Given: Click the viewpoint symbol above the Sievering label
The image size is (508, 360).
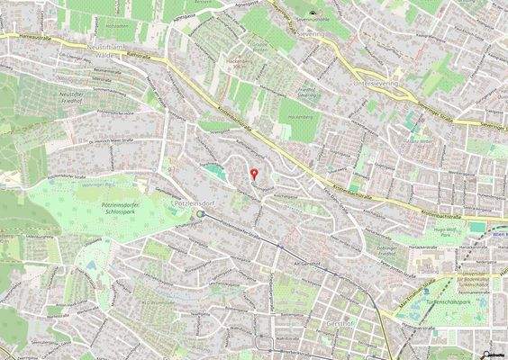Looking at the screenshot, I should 312,13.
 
